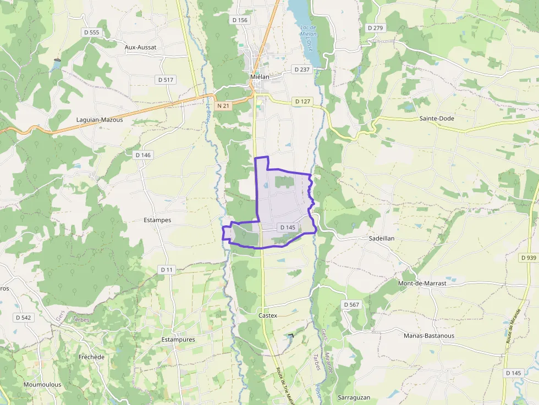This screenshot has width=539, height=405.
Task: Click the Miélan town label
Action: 260,77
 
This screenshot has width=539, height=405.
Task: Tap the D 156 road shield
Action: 240,20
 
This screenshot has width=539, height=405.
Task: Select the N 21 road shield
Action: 223,106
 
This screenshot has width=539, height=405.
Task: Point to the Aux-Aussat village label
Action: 140,47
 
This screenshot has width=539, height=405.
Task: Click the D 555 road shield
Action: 92,32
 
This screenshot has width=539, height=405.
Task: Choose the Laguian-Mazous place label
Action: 100,119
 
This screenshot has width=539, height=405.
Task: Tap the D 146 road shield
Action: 142,155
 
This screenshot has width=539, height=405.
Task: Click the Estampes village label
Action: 157,220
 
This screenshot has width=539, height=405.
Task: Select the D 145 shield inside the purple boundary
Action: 288,227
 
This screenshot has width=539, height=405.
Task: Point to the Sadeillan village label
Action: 382,239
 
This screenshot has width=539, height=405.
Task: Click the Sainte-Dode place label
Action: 437,118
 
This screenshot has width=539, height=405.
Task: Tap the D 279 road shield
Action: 375,28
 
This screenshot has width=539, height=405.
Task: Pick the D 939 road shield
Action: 528,258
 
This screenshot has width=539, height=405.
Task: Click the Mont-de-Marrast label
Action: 422,284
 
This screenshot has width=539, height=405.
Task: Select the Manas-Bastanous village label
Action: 429,335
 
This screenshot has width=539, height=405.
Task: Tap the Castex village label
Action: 268,316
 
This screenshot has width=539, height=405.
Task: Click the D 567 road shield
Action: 351,304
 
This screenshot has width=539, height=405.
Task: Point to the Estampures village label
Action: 178,340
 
